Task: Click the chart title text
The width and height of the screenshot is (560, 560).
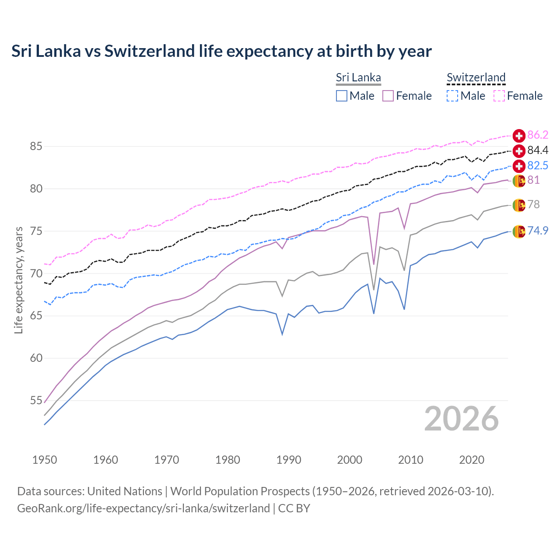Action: click(x=221, y=51)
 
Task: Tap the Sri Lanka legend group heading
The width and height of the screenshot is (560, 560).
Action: click(x=358, y=77)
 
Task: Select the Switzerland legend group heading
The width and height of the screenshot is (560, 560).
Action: click(x=476, y=77)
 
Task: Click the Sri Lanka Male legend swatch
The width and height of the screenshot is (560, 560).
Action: click(x=342, y=96)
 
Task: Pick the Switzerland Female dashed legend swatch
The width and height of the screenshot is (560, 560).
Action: click(x=499, y=96)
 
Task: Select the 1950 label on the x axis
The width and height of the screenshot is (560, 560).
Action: click(x=45, y=460)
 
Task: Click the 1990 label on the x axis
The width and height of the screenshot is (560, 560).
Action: click(x=289, y=460)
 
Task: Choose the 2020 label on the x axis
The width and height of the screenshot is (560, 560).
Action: click(x=472, y=460)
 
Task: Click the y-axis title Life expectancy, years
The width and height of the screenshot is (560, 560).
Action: click(x=18, y=280)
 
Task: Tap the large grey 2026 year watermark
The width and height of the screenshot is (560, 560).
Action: click(x=462, y=419)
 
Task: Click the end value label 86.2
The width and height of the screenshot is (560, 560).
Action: click(x=538, y=135)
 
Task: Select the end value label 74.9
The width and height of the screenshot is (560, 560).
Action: click(x=538, y=231)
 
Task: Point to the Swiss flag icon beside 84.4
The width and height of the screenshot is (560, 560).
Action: click(x=519, y=151)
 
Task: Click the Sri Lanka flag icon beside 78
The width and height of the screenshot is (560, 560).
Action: click(x=519, y=205)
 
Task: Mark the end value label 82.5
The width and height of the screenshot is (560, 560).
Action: click(x=538, y=165)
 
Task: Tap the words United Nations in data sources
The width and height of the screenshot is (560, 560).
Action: click(x=125, y=491)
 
